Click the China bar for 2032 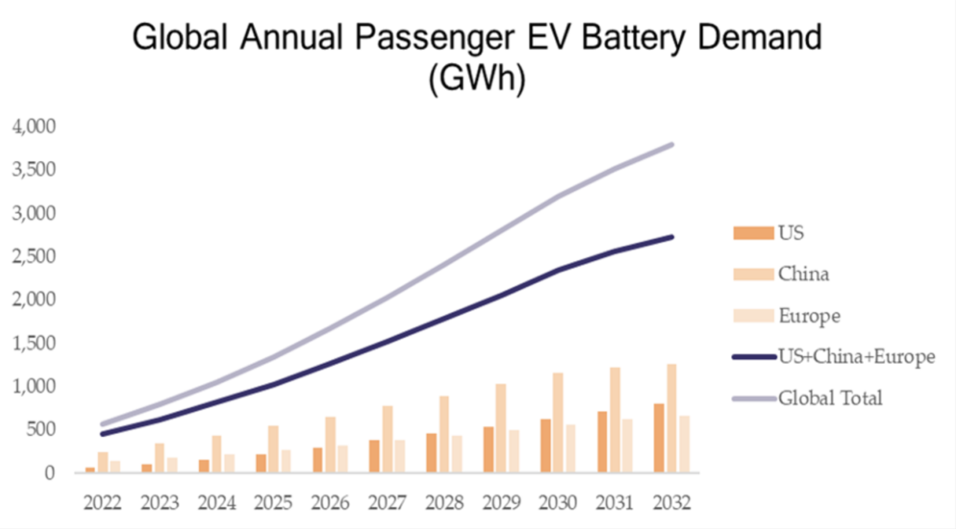point(672,418)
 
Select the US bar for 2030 point(546,446)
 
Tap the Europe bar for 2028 point(457,454)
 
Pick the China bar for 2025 point(273,449)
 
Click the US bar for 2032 point(659,438)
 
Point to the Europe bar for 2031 point(627,446)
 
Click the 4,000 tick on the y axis point(34,126)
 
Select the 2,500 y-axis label point(34,256)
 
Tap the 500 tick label point(41,429)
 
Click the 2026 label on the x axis point(330,502)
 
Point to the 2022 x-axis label point(102,502)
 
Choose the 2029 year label point(501,502)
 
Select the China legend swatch point(754,274)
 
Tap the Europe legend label point(809,316)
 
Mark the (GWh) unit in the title point(477,78)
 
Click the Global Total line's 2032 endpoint point(672,145)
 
